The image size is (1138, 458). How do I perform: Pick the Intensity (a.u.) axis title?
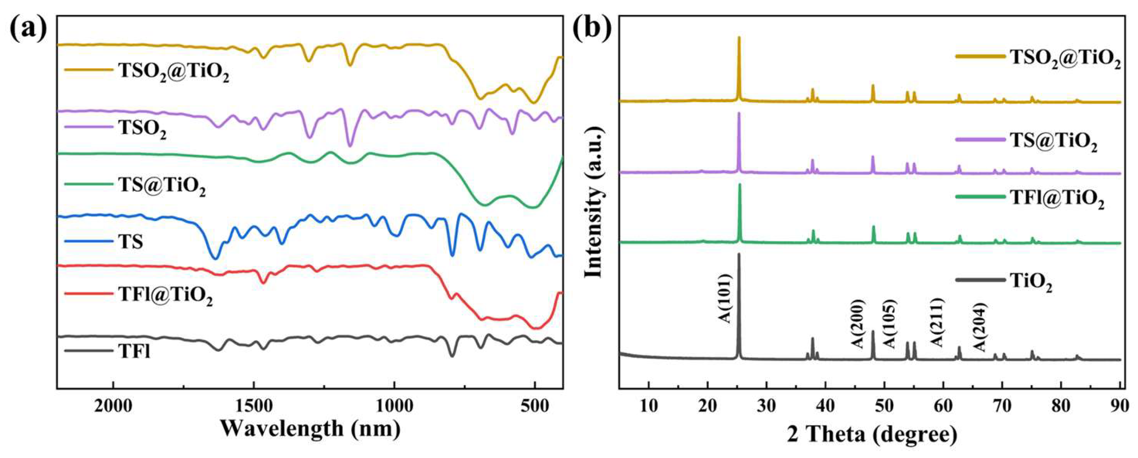coord(594,203)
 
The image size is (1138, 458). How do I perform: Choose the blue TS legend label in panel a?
coord(130,242)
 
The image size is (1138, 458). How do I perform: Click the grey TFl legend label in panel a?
coord(134,352)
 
